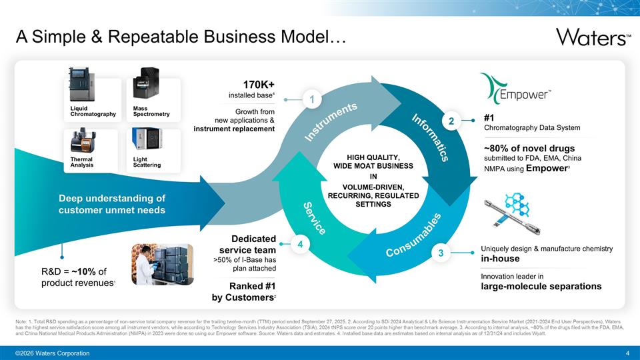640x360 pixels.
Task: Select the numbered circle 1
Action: pyautogui.click(x=311, y=99)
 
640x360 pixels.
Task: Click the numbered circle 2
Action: pyautogui.click(x=451, y=121)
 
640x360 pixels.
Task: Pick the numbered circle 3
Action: pyautogui.click(x=439, y=253)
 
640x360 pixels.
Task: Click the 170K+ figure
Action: pyautogui.click(x=259, y=85)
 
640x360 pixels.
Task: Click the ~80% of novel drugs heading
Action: pyautogui.click(x=529, y=148)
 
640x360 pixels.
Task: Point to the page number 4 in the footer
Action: pyautogui.click(x=628, y=353)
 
